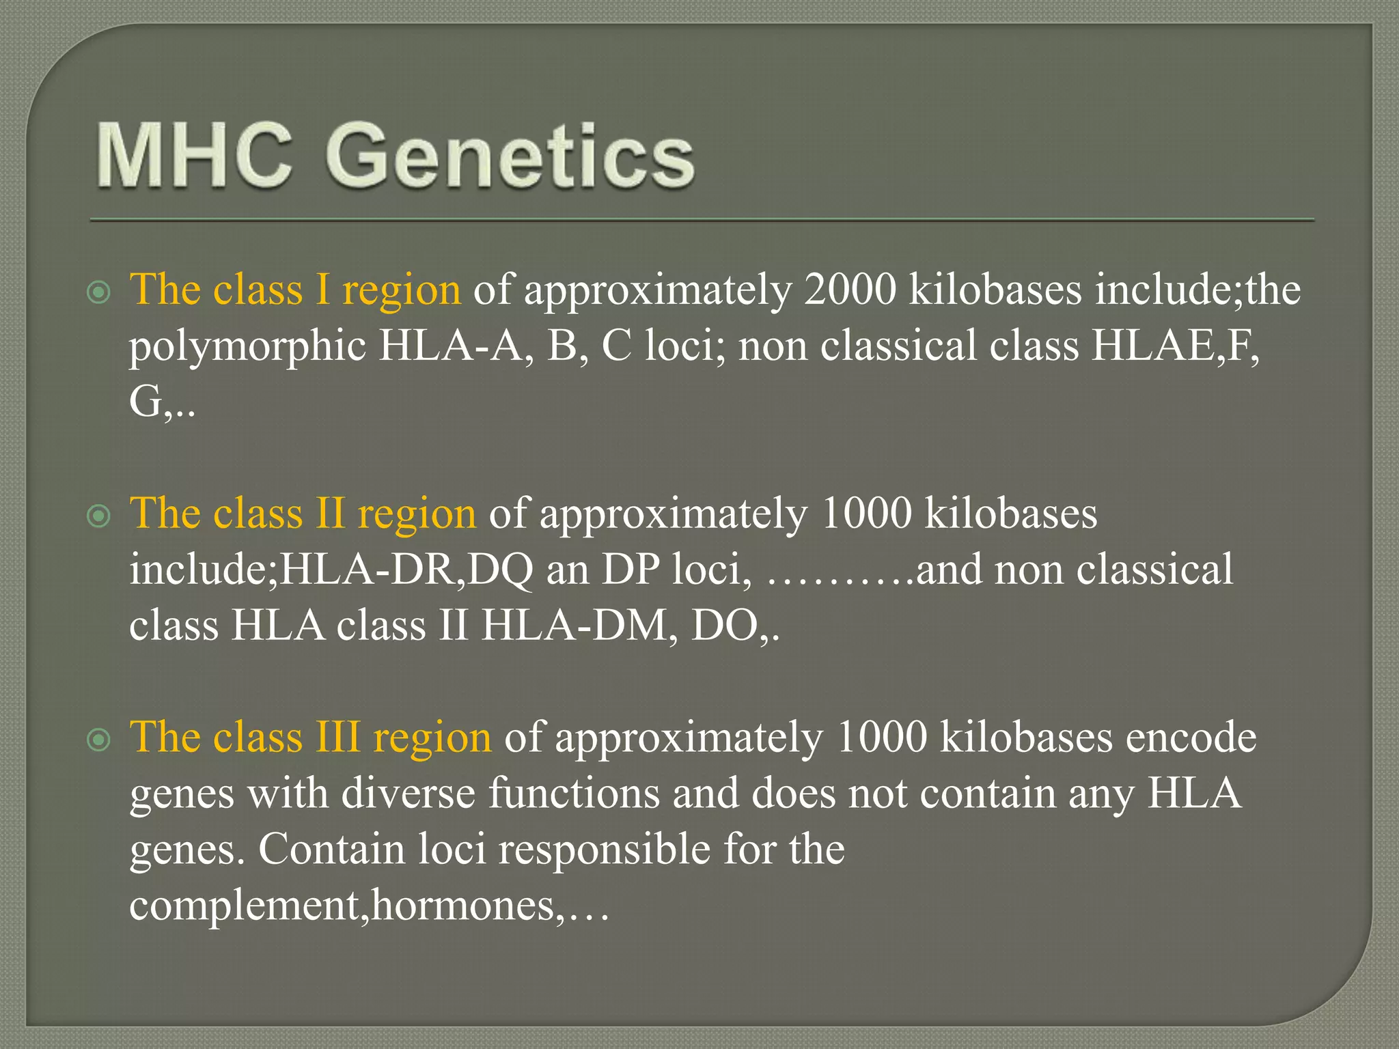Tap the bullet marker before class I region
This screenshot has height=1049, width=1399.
pos(100,293)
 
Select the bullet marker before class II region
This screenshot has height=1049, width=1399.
pos(100,516)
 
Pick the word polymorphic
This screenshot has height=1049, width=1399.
pos(247,346)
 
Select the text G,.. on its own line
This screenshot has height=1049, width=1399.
pos(161,402)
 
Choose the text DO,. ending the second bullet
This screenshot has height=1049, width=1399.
pos(735,626)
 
